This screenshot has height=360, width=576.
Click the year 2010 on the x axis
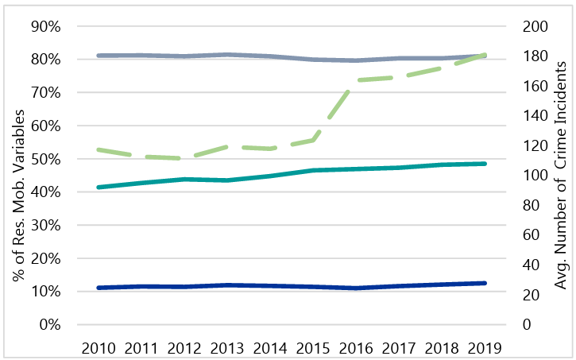pos(99,347)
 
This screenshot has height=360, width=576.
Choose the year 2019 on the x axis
pos(485,347)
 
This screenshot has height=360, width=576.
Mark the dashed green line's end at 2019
pos(485,56)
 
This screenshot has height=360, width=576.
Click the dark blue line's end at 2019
pos(485,283)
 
